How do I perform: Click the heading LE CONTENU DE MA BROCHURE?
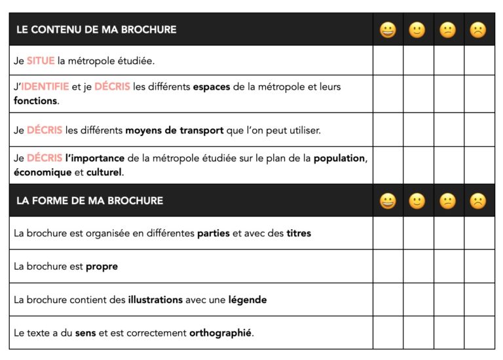96,29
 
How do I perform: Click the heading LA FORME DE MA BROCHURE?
90,200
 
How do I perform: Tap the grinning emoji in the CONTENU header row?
388,30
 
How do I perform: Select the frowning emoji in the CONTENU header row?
478,30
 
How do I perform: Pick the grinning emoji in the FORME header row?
388,201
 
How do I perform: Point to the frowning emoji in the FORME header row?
478,201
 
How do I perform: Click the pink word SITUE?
41,61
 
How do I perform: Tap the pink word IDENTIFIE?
45,86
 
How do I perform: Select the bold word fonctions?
35,101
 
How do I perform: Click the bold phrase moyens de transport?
174,130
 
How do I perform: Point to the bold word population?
340,158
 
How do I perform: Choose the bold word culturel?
104,173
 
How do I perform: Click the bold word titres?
299,233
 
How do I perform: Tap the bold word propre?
102,266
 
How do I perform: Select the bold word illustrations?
155,300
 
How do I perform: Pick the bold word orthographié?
220,333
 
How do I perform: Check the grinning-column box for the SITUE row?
388,60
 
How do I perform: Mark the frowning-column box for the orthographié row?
479,333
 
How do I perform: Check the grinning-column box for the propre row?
388,266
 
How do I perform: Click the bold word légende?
248,300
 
